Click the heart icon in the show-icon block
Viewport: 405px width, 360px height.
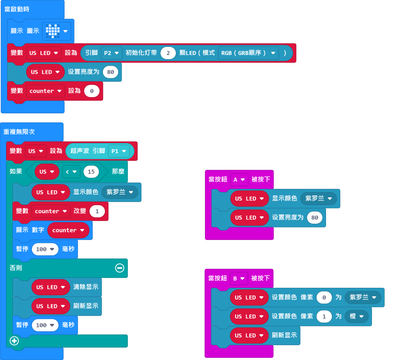coord(53,31)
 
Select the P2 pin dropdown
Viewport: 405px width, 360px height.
coord(111,53)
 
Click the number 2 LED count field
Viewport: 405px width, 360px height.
coord(168,53)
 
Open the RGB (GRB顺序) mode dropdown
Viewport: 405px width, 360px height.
coord(248,53)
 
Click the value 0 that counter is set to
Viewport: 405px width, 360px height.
coord(92,91)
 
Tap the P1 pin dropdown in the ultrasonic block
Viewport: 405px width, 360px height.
coord(118,151)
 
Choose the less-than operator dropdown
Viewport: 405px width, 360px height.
coord(71,172)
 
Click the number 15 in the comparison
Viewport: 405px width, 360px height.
coord(91,172)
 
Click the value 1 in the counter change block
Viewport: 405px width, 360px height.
coord(97,211)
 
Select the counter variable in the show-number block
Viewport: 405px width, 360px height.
coord(68,230)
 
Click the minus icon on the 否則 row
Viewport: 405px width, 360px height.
coord(119,268)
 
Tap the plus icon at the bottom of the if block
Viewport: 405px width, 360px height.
coord(14,341)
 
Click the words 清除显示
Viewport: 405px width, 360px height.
coord(86,287)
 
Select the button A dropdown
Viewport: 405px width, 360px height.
coord(239,179)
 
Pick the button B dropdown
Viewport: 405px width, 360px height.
coord(239,278)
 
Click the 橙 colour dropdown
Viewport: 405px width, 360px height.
coord(356,316)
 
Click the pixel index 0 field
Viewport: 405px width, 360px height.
coord(324,298)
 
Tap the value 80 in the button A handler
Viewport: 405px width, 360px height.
coord(315,218)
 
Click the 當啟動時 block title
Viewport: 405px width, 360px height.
coord(17,9)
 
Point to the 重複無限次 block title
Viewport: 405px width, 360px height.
coord(19,132)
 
